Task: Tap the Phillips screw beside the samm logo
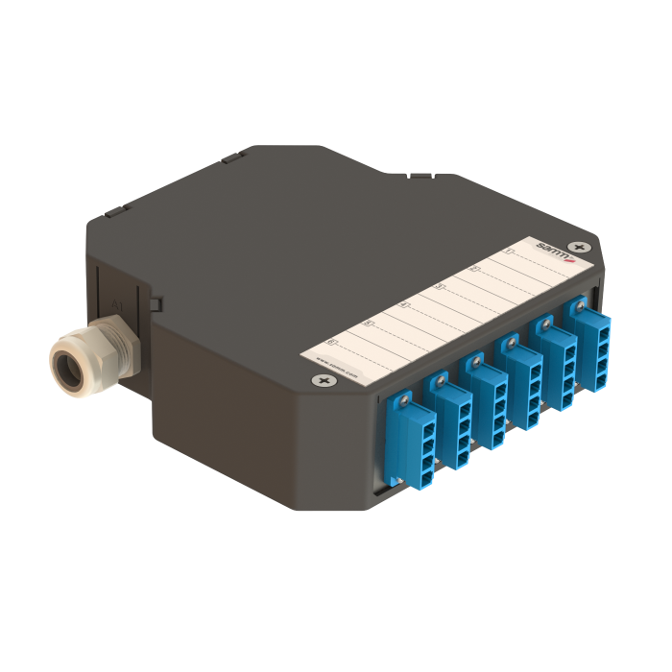pyautogui.click(x=575, y=248)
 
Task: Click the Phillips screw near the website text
pyautogui.click(x=320, y=381)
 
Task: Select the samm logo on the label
pyautogui.click(x=551, y=251)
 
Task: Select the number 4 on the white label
pyautogui.click(x=404, y=305)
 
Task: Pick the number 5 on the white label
pyautogui.click(x=369, y=323)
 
